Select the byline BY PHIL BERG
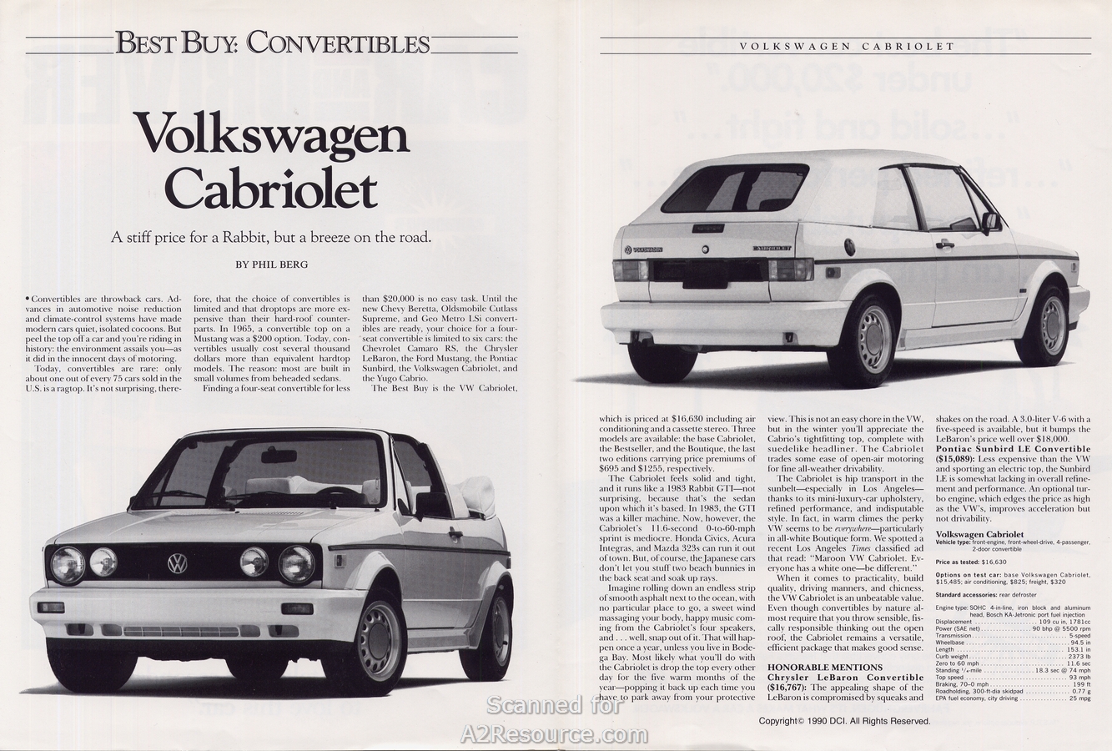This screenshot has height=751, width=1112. tap(271, 264)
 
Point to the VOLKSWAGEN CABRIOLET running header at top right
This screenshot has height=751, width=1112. tap(848, 46)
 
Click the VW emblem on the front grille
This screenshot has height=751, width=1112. tap(178, 564)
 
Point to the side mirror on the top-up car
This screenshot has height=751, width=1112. tap(990, 222)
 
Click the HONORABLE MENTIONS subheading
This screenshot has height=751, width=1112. tap(824, 668)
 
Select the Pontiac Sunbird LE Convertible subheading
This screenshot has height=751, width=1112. tap(1013, 449)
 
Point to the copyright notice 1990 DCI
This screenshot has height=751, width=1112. tap(844, 720)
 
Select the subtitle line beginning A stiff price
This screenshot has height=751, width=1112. tap(272, 236)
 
